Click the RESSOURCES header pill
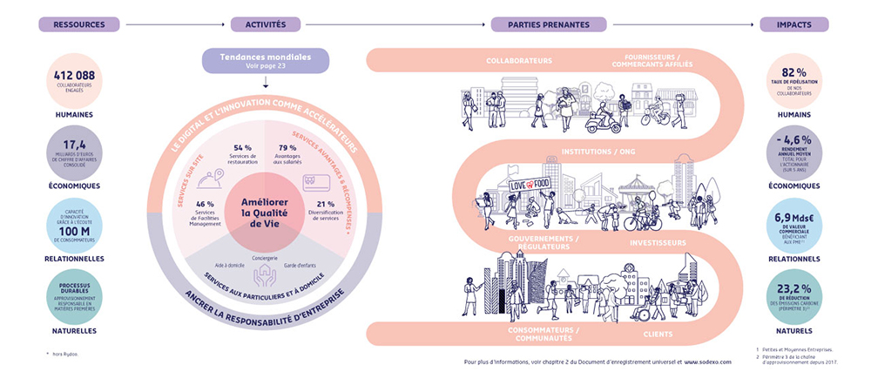[x=78, y=24]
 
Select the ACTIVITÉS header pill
[x=266, y=24]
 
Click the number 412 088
[x=74, y=76]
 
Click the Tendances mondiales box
[x=266, y=60]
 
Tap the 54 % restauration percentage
[x=242, y=148]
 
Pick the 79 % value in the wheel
[x=287, y=148]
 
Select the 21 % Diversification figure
[x=325, y=205]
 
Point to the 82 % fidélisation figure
[x=793, y=71]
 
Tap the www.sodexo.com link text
[x=707, y=360]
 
